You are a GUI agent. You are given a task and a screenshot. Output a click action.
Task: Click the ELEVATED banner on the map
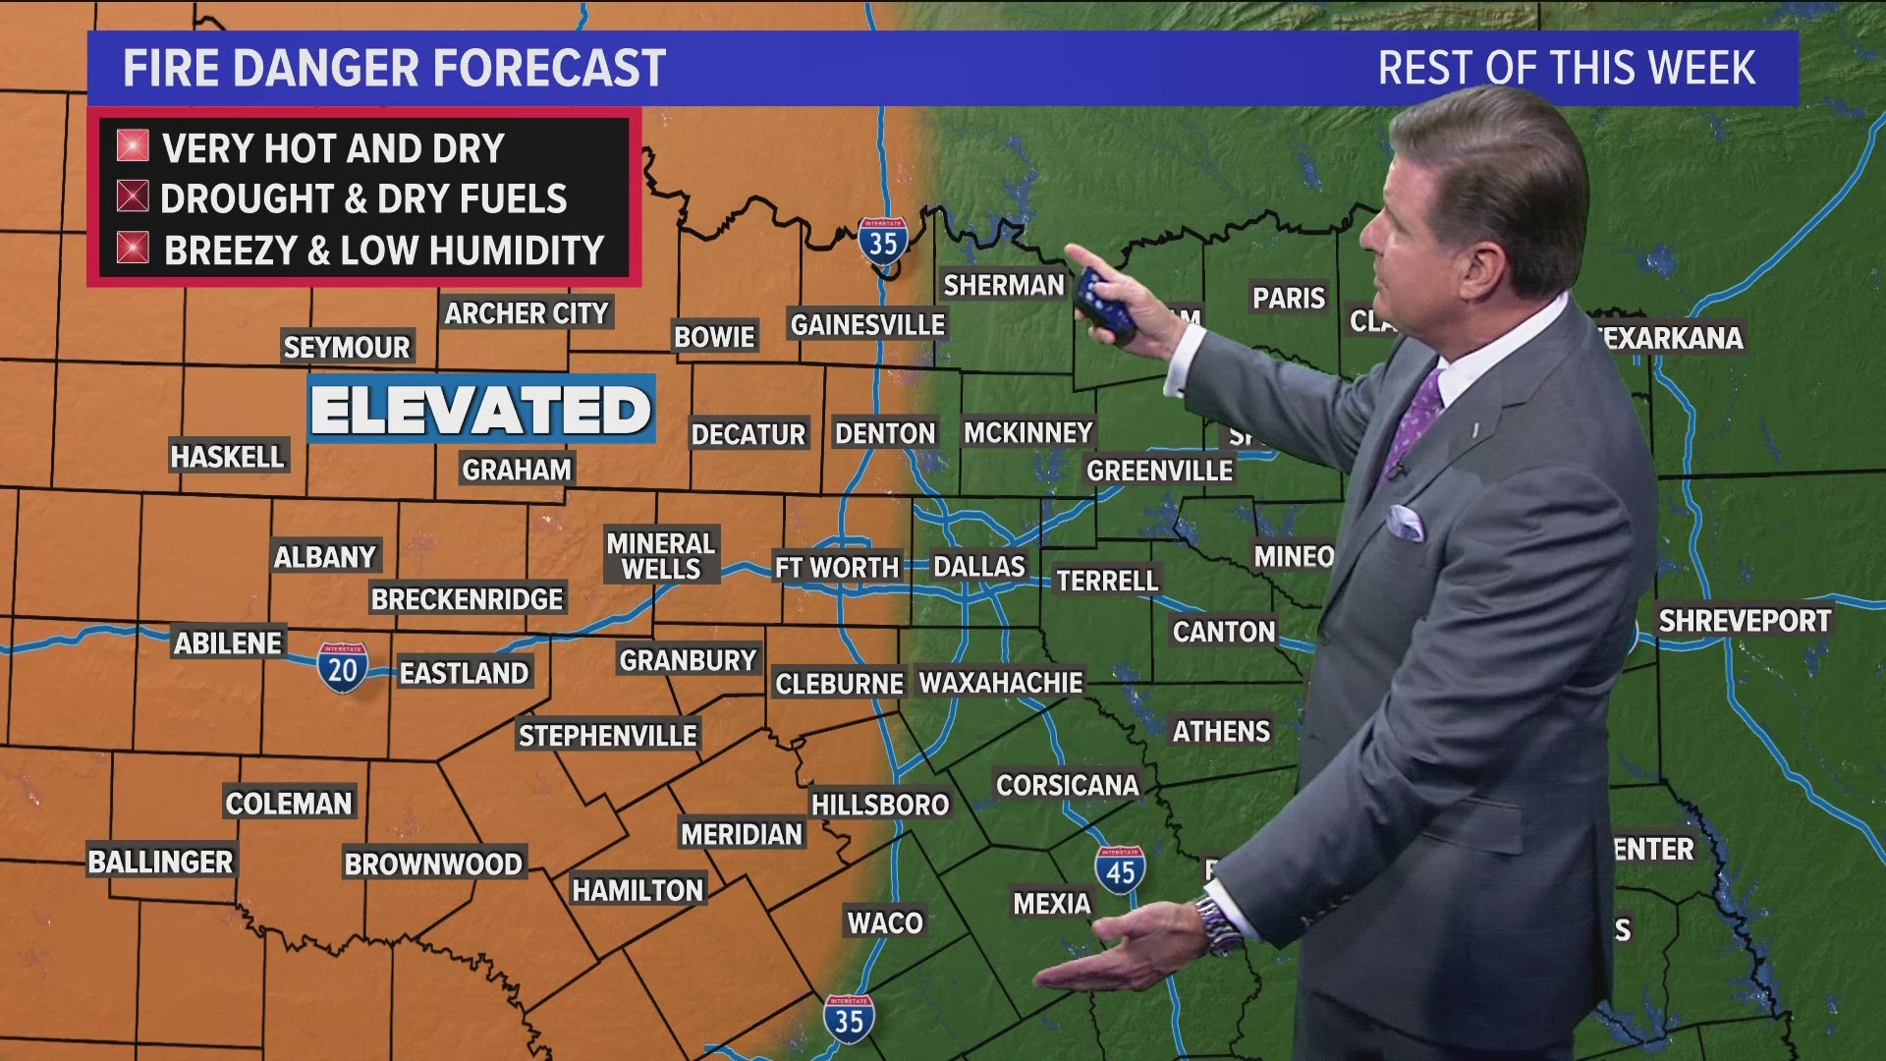[x=481, y=410]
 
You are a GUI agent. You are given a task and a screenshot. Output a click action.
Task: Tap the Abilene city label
[x=228, y=643]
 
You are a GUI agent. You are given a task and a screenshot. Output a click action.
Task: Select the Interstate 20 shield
[x=342, y=668]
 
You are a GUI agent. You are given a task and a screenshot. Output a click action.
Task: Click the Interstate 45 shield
[x=1120, y=869]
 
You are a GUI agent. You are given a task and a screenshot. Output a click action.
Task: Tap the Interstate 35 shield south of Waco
[x=849, y=1019]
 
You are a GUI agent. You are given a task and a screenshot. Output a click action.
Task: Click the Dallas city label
[x=978, y=567]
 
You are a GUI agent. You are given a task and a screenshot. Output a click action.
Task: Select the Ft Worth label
[x=836, y=568]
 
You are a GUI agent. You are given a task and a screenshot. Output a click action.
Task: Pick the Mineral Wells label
[x=660, y=556]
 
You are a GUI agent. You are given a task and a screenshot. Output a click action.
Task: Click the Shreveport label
[x=1745, y=621]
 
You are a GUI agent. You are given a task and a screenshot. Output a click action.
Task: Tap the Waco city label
[x=885, y=922]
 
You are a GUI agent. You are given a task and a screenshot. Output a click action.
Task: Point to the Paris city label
[x=1288, y=299]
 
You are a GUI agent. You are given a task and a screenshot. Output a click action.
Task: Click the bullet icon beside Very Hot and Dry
[x=133, y=146]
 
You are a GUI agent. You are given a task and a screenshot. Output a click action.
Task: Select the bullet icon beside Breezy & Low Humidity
[x=133, y=249]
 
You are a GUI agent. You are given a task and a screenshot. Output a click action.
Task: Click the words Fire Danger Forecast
[x=394, y=69]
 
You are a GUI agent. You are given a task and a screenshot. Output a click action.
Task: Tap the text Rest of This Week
[x=1566, y=69]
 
